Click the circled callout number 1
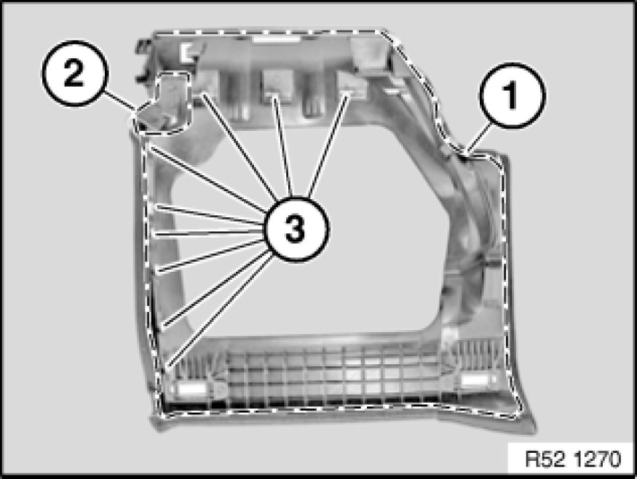coord(513,95)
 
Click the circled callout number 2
coord(75,73)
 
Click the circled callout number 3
coord(296,229)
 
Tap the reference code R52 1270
coord(573,459)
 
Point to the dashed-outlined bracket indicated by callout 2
coord(162,103)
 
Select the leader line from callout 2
coord(119,102)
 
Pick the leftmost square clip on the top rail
coord(206,84)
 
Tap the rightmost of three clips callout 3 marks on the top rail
coord(352,86)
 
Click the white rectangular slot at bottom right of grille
coord(475,380)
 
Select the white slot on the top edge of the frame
coord(276,39)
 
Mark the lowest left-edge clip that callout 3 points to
coord(167,367)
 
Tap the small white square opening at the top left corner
coord(189,52)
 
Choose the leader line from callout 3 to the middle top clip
coord(284,147)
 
